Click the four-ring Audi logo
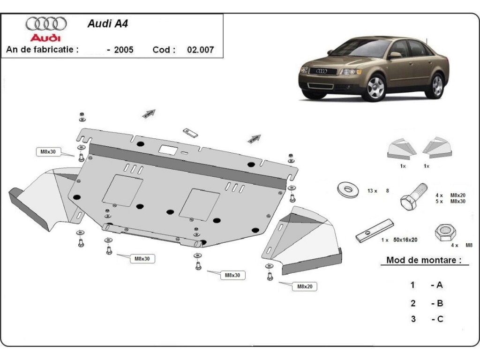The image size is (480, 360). (x=46, y=23)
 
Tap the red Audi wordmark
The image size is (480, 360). (x=45, y=37)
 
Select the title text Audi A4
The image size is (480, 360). (x=107, y=24)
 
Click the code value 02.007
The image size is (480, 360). (x=200, y=50)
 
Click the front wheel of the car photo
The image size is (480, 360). (x=375, y=88)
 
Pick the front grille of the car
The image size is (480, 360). (x=323, y=71)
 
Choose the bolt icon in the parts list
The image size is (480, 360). (x=412, y=196)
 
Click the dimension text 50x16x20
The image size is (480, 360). (x=405, y=240)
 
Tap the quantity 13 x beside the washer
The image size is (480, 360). (x=372, y=191)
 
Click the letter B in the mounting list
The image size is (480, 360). (x=440, y=303)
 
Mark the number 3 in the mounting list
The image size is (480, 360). (x=413, y=319)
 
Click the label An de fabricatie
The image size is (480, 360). (x=42, y=50)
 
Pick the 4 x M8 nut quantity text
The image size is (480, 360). (x=461, y=245)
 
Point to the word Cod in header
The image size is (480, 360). (x=164, y=50)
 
